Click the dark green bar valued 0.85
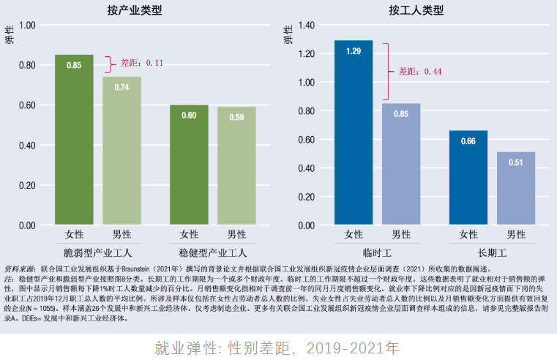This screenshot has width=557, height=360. click(74, 139)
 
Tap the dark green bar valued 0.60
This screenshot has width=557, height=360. click(189, 165)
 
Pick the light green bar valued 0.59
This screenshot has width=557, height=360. click(236, 165)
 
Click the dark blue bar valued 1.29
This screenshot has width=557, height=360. click(354, 132)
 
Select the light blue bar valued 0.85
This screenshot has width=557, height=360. click(400, 164)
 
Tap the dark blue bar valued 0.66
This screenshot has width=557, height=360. click(468, 177)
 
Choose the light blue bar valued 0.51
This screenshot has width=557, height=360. click(516, 188)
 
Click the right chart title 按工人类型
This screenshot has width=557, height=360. click(416, 10)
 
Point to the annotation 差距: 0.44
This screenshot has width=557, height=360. click(420, 72)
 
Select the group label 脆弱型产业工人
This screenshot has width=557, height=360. click(97, 253)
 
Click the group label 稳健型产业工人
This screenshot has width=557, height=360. click(212, 253)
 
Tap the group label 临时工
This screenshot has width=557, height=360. click(377, 253)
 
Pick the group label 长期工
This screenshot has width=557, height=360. click(492, 253)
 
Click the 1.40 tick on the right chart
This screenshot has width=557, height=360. click(305, 25)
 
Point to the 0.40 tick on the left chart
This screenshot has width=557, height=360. click(26, 145)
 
